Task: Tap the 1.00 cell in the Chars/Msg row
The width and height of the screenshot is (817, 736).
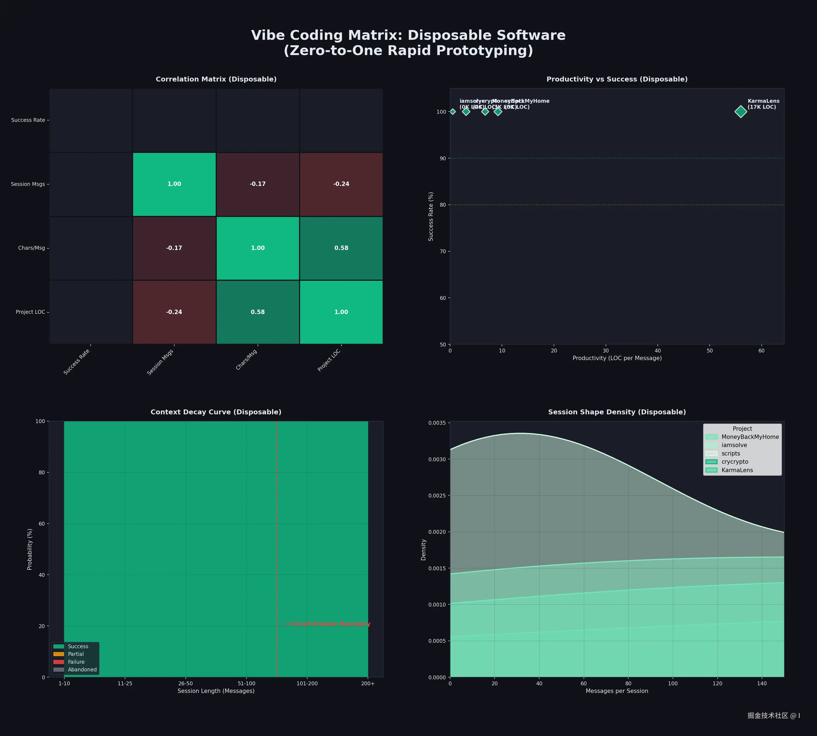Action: (x=258, y=248)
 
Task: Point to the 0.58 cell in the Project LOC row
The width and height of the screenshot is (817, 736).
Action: (x=258, y=312)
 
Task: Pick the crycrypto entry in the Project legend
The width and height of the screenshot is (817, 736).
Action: (x=734, y=462)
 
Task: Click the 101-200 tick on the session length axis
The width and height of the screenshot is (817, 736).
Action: (x=307, y=683)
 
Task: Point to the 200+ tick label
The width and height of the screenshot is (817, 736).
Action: (x=368, y=683)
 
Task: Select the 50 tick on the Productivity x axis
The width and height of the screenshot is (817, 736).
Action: (x=709, y=351)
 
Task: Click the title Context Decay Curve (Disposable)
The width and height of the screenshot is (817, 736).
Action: (x=216, y=412)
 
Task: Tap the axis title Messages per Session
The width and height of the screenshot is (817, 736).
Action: (x=617, y=691)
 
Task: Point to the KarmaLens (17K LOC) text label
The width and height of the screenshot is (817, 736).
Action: (x=763, y=104)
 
